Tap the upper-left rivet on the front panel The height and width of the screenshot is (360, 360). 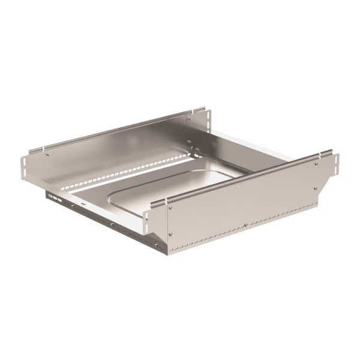click(171, 209)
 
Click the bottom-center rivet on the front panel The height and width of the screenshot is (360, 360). click(245, 225)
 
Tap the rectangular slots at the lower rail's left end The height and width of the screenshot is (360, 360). click(55, 196)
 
